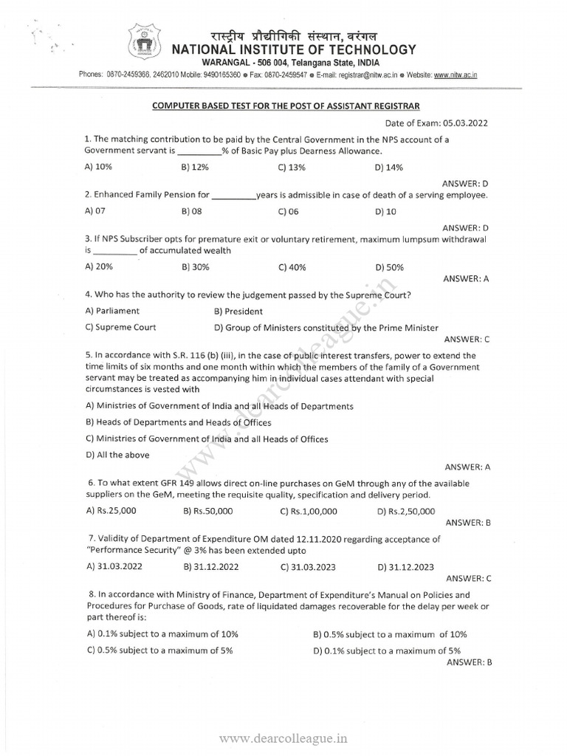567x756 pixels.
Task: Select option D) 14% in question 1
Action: [389, 168]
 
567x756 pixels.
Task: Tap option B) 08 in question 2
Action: [191, 211]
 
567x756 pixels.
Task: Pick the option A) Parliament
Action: [112, 311]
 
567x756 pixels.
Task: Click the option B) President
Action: [238, 312]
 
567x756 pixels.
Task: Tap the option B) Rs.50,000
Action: [208, 510]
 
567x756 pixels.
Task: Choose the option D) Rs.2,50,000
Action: [406, 510]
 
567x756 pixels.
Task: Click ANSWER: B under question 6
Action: [467, 522]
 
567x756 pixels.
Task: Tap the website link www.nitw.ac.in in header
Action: [455, 75]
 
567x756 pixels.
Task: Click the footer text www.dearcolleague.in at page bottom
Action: [283, 737]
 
